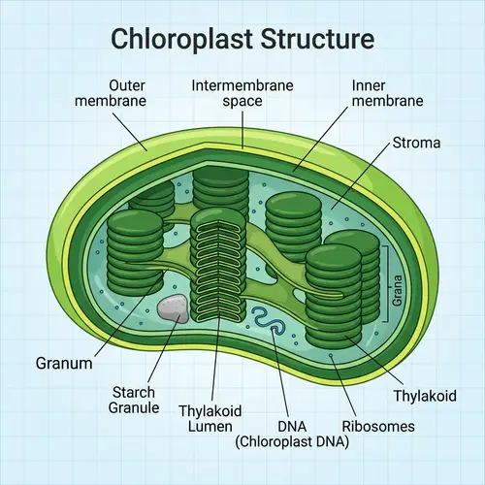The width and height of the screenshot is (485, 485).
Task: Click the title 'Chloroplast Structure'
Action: [242, 39]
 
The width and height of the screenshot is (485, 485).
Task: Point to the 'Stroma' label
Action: [416, 143]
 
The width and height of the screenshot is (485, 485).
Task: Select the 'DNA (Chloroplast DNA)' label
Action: [292, 434]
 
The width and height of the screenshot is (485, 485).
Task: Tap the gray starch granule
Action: [173, 309]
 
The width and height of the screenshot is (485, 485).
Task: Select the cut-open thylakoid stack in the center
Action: [220, 262]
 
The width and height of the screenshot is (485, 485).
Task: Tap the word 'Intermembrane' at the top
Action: [242, 85]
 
